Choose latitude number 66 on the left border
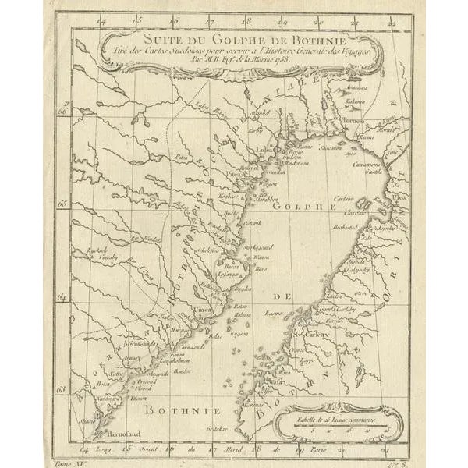click(64, 111)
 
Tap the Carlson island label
click(344, 199)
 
